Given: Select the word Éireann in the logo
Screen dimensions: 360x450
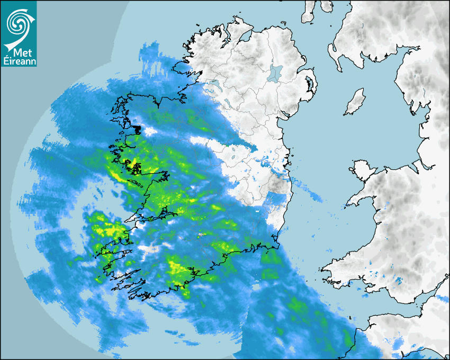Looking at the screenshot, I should (20, 62).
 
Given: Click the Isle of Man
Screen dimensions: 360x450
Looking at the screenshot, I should (354, 102).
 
